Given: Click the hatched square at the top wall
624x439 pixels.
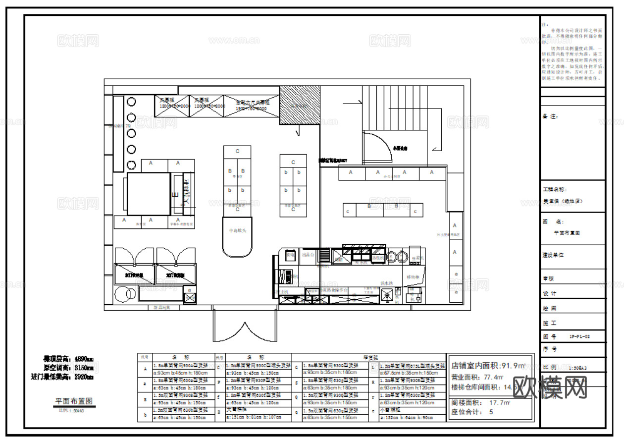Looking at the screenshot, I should pyautogui.click(x=300, y=105).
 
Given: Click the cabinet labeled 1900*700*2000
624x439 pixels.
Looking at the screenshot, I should pyautogui.click(x=251, y=106).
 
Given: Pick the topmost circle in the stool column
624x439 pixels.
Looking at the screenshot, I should pyautogui.click(x=131, y=102).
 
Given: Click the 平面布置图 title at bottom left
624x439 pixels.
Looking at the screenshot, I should pyautogui.click(x=74, y=401).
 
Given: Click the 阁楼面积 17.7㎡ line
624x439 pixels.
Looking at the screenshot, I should pyautogui.click(x=480, y=403).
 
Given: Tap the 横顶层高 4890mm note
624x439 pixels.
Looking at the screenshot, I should pyautogui.click(x=68, y=359).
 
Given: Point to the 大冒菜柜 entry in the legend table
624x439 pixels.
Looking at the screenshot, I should pyautogui.click(x=235, y=410).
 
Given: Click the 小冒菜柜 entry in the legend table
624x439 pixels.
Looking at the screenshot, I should pyautogui.click(x=389, y=410).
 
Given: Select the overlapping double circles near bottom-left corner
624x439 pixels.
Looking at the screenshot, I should pyautogui.click(x=125, y=294).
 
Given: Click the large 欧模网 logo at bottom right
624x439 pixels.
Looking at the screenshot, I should pyautogui.click(x=550, y=387).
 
